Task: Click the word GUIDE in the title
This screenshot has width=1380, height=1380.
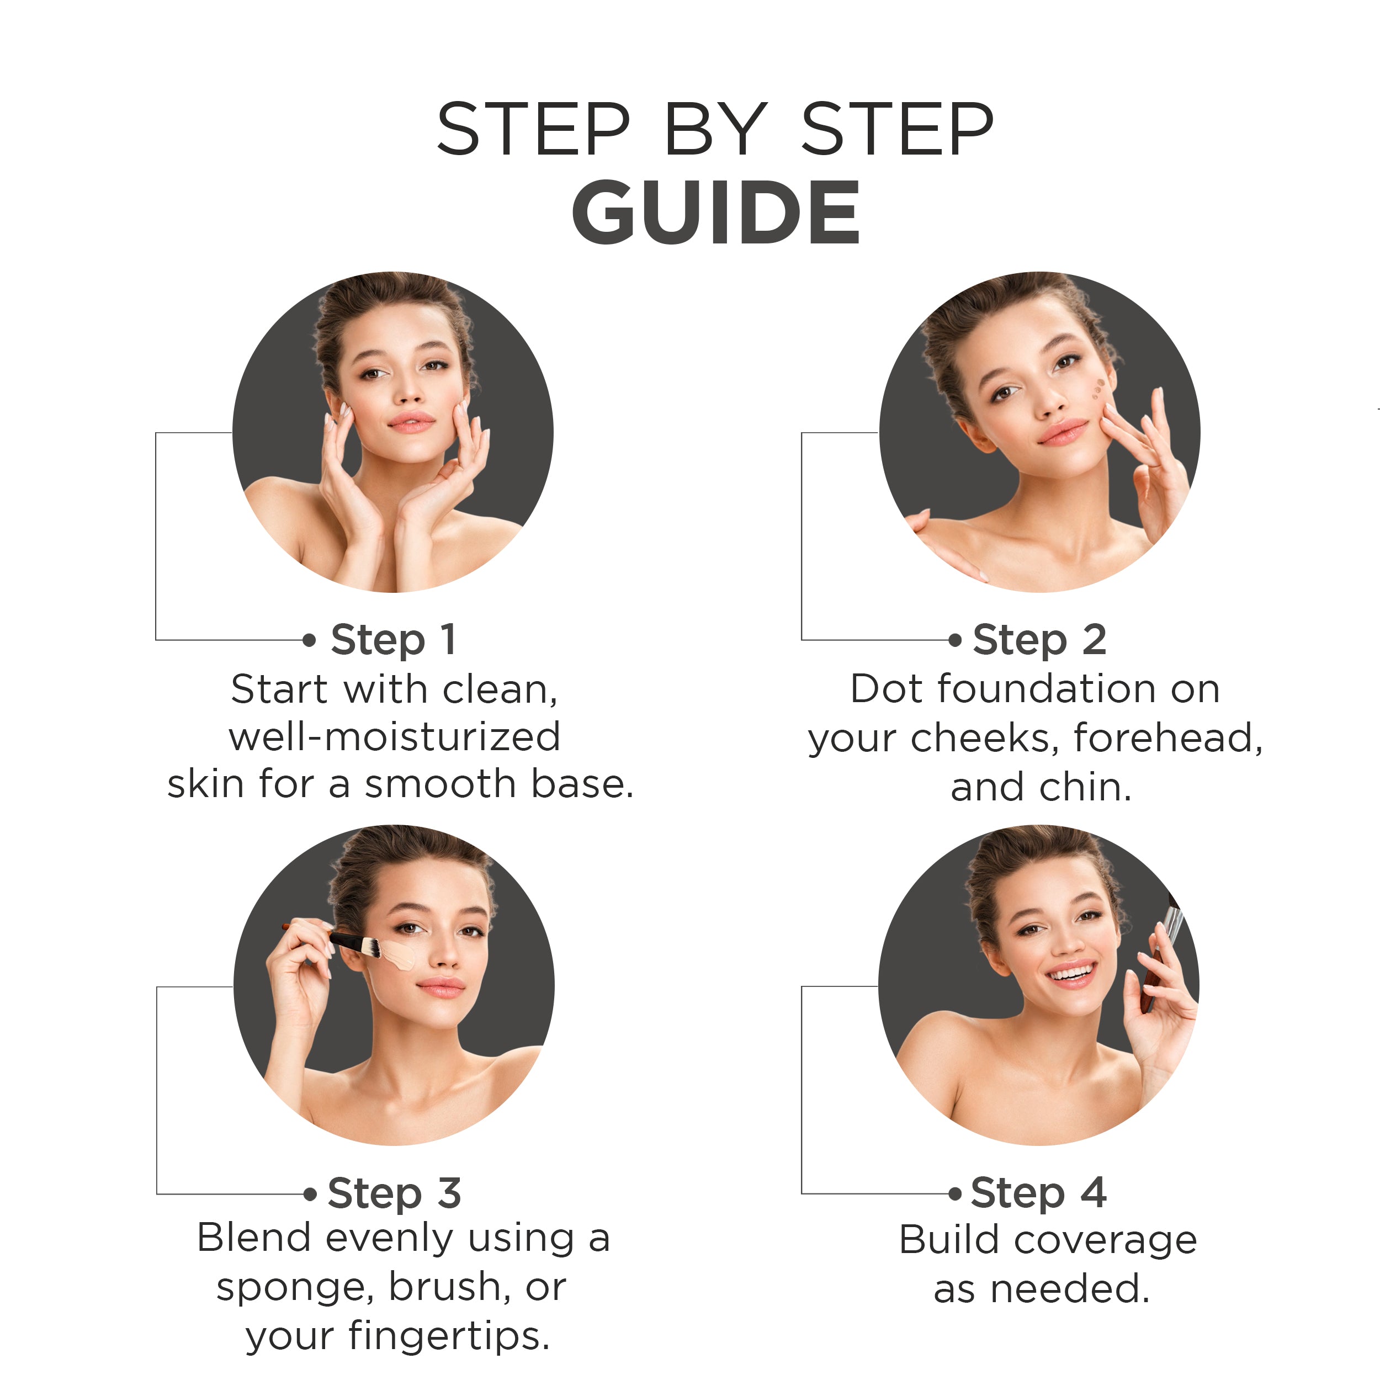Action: (716, 211)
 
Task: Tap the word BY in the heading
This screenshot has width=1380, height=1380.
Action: (716, 129)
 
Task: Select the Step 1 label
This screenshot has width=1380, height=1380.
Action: (393, 640)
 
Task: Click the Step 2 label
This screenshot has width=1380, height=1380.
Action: (1039, 640)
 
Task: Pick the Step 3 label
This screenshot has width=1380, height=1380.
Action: (394, 1193)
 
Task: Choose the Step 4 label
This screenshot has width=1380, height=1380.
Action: (1038, 1193)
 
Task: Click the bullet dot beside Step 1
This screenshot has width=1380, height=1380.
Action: (309, 640)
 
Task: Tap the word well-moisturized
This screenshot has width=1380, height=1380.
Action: (394, 736)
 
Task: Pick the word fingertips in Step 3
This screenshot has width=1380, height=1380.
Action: (449, 1337)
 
